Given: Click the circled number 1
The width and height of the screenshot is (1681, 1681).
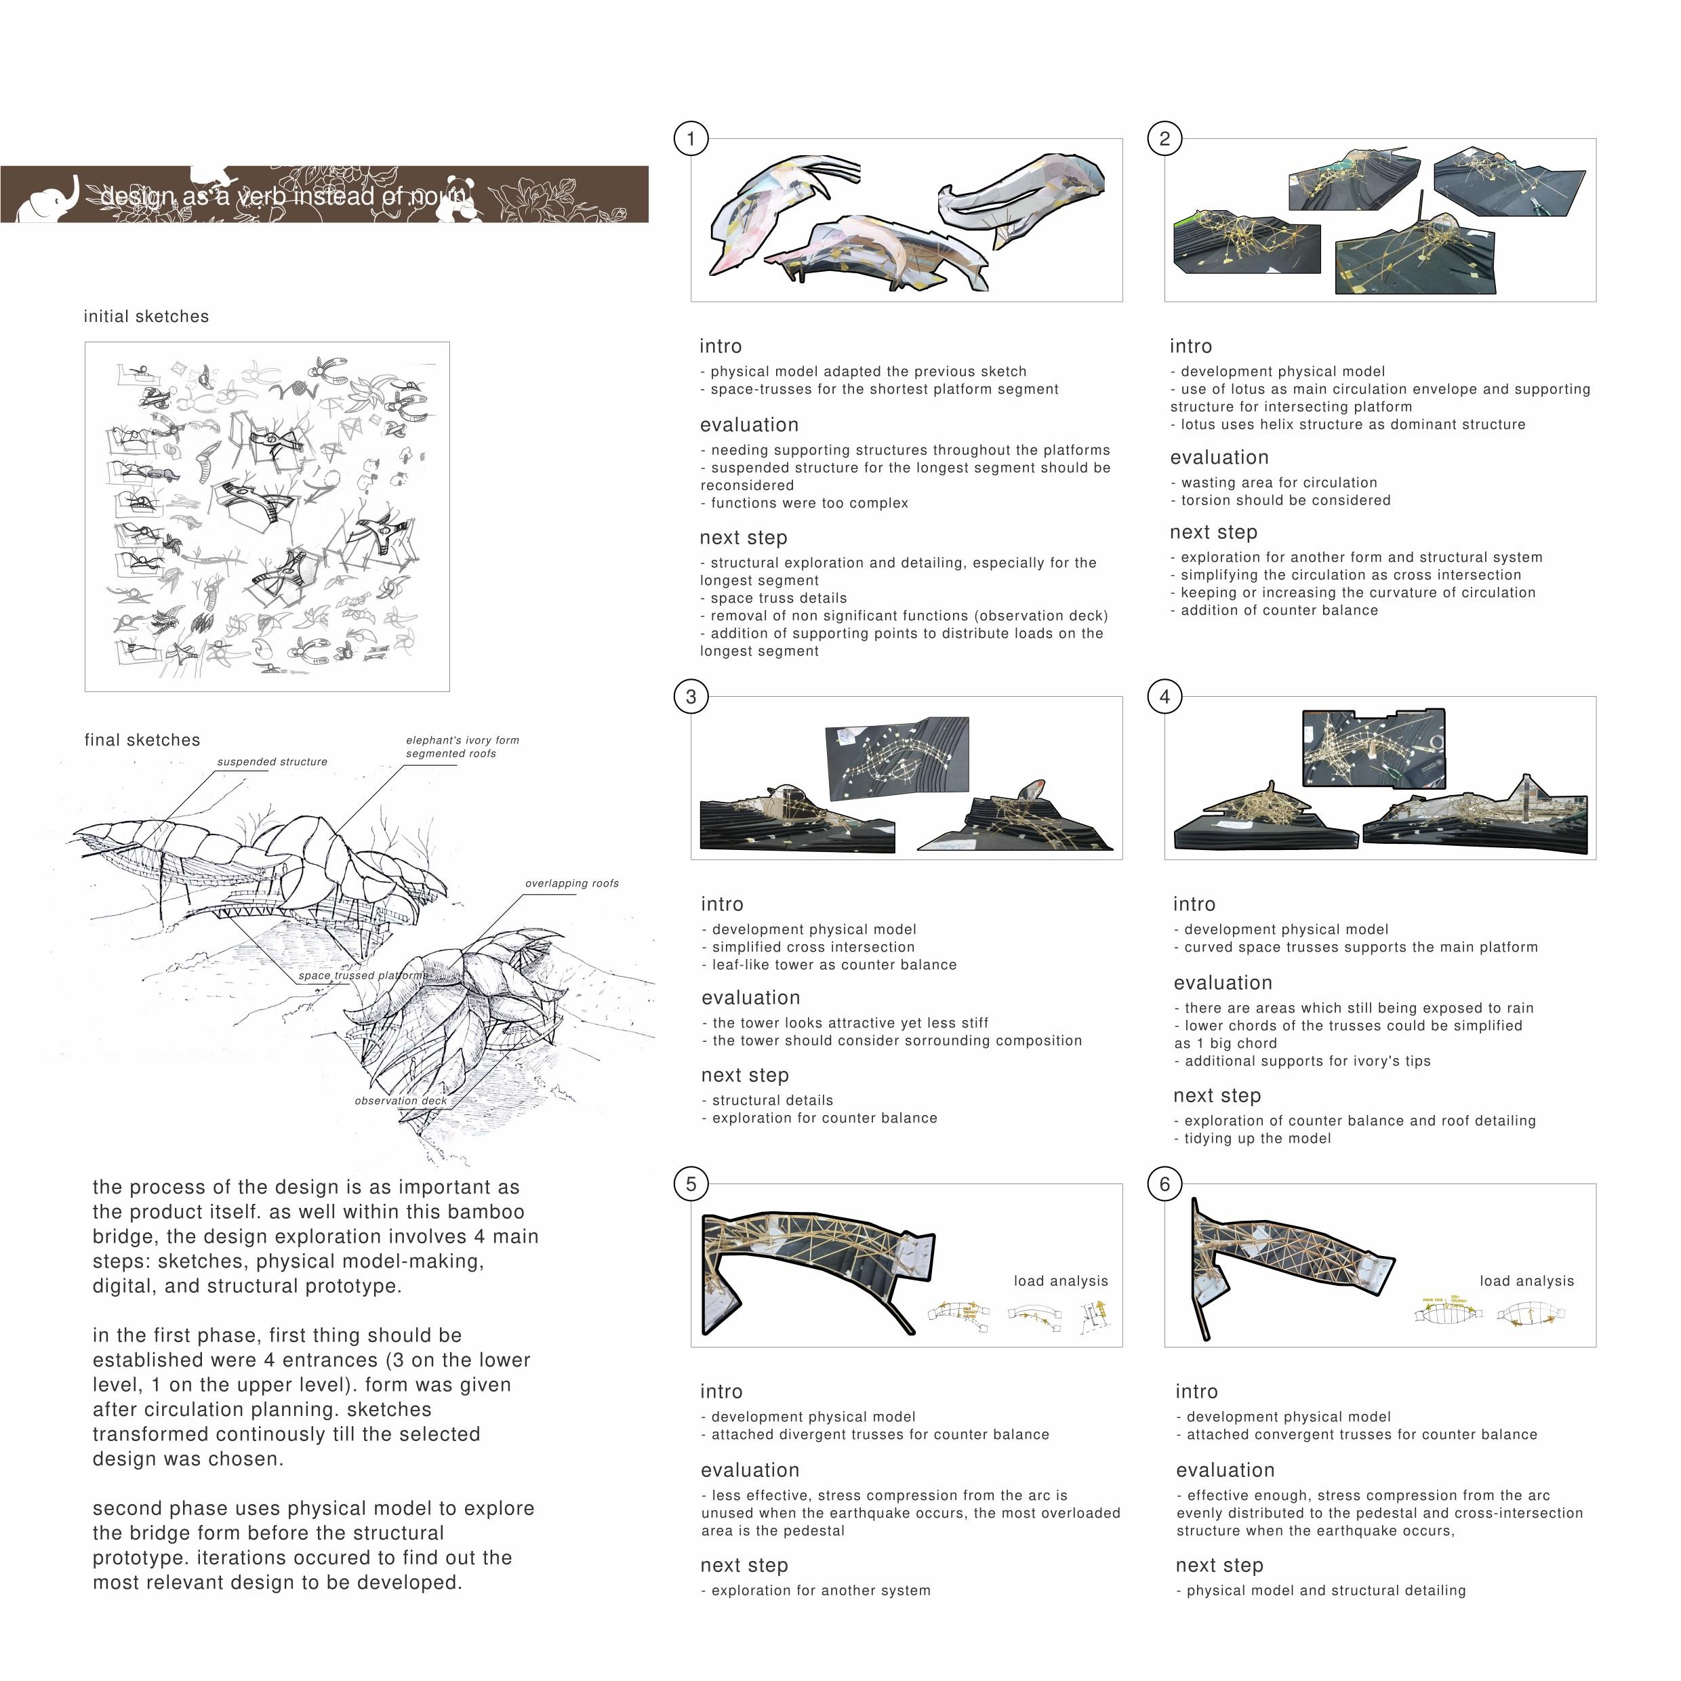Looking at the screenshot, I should click(691, 138).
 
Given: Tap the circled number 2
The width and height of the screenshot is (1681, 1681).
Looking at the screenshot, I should click(1165, 138).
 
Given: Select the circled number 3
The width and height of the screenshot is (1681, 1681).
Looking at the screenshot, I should click(691, 696).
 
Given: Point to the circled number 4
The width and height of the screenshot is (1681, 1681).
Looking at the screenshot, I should click(1165, 696).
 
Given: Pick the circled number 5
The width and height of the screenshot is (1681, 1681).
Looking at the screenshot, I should click(691, 1183).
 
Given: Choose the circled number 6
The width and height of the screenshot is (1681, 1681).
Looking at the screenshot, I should click(1165, 1183).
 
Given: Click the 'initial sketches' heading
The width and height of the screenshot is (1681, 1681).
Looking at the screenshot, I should click(146, 317).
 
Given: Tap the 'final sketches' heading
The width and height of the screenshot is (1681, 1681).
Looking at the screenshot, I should click(142, 740).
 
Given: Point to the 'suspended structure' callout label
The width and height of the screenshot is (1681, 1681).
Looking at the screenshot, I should click(272, 762).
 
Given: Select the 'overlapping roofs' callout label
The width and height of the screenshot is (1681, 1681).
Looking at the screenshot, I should click(571, 884).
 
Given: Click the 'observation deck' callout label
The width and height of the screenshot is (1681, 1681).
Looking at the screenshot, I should click(400, 1101).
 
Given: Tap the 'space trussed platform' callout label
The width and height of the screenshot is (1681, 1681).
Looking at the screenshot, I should click(361, 976).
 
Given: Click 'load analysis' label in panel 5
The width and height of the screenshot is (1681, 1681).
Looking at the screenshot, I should click(1061, 1282).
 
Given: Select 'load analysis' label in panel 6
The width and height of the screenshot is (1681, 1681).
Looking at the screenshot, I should click(1527, 1282).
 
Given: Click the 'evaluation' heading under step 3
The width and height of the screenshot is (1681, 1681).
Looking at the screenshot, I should click(750, 998).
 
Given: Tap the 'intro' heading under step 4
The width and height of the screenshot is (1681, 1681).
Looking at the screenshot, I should click(1194, 905).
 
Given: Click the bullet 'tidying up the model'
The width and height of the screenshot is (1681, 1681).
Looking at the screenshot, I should click(1257, 1139).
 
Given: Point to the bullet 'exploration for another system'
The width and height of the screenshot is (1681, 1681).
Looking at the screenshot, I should click(819, 1592).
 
